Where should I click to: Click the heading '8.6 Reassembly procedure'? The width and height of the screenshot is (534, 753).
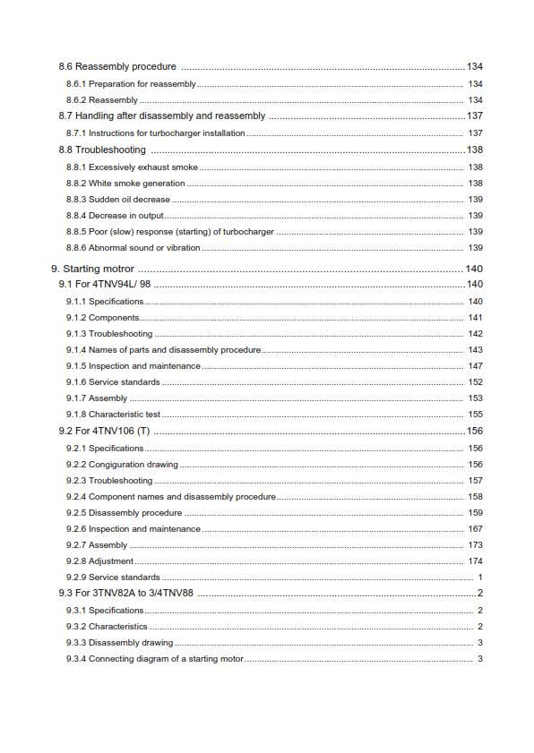pyautogui.click(x=117, y=67)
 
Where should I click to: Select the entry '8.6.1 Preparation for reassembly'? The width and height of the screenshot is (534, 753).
pyautogui.click(x=131, y=83)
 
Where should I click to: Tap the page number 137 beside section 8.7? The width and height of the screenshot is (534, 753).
pyautogui.click(x=474, y=116)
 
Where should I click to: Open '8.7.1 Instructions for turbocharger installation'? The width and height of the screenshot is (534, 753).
pyautogui.click(x=155, y=133)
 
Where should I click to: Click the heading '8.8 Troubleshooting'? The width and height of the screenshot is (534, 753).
pyautogui.click(x=102, y=150)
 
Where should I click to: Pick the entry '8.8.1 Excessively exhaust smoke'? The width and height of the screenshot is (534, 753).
pyautogui.click(x=132, y=167)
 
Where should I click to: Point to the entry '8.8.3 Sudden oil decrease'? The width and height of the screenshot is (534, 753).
pyautogui.click(x=117, y=200)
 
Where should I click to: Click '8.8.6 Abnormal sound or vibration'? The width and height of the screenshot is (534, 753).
pyautogui.click(x=133, y=248)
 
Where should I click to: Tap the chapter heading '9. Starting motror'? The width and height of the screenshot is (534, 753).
pyautogui.click(x=93, y=269)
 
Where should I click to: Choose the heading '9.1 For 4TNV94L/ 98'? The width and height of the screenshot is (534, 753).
pyautogui.click(x=104, y=285)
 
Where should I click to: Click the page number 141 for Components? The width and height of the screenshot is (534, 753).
pyautogui.click(x=475, y=318)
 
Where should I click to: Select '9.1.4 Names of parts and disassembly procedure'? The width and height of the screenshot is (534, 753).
pyautogui.click(x=163, y=350)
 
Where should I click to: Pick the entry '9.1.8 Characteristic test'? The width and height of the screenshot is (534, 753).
pyautogui.click(x=113, y=415)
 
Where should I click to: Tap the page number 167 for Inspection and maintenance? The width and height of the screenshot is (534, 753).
pyautogui.click(x=475, y=529)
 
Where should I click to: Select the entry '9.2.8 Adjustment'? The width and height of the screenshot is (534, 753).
pyautogui.click(x=99, y=561)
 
